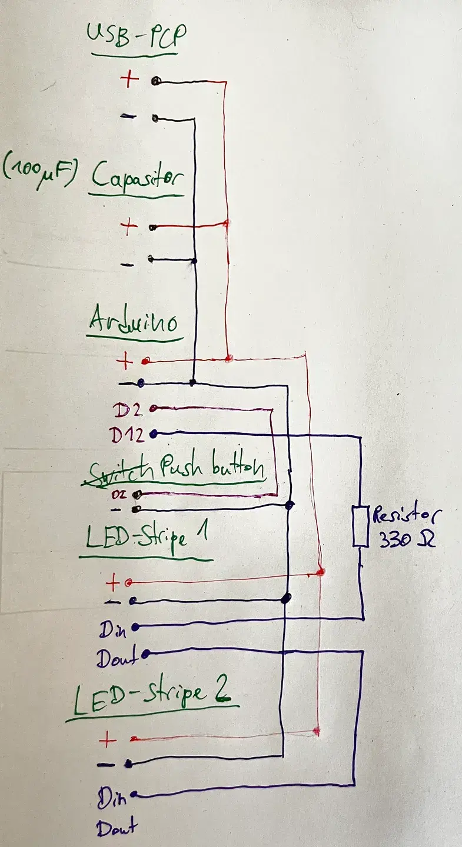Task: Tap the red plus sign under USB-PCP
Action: click(x=130, y=80)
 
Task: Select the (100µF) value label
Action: click(x=40, y=168)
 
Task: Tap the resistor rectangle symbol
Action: click(x=360, y=526)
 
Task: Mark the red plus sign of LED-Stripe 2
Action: click(x=107, y=739)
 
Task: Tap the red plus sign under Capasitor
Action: click(x=129, y=227)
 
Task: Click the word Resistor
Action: click(x=404, y=515)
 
